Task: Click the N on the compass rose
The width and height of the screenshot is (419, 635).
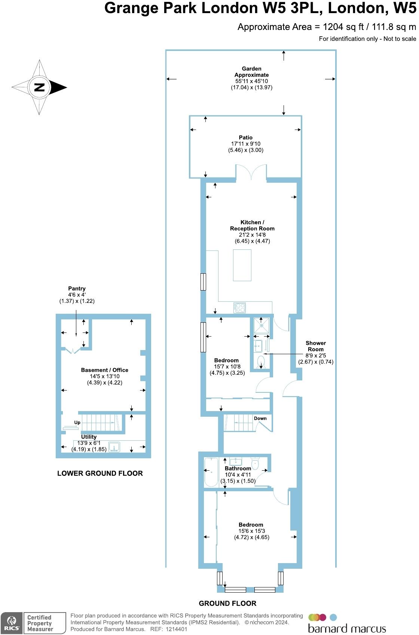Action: pyautogui.click(x=39, y=88)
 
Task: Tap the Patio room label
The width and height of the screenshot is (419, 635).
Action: pyautogui.click(x=246, y=137)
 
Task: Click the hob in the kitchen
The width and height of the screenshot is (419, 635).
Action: pyautogui.click(x=239, y=307)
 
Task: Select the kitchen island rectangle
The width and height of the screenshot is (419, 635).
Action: pyautogui.click(x=242, y=265)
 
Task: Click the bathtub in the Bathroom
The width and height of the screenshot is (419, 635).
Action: pyautogui.click(x=211, y=472)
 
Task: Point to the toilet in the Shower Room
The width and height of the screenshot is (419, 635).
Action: pyautogui.click(x=261, y=362)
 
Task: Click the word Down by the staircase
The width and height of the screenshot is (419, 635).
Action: pyautogui.click(x=260, y=418)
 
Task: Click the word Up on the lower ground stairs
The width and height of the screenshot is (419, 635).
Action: pyautogui.click(x=77, y=422)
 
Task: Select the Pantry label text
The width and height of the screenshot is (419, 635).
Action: pyautogui.click(x=77, y=288)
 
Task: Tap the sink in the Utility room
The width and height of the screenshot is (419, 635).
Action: pyautogui.click(x=114, y=447)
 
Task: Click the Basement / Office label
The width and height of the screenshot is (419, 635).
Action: pyautogui.click(x=104, y=370)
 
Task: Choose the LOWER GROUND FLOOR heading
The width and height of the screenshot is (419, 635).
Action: pyautogui.click(x=100, y=473)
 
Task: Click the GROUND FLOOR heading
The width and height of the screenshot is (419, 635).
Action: pyautogui.click(x=227, y=603)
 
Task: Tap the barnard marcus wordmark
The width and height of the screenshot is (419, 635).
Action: pyautogui.click(x=347, y=628)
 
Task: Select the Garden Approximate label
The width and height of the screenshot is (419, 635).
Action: pyautogui.click(x=251, y=72)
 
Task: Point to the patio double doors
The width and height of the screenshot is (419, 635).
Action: pyautogui.click(x=251, y=173)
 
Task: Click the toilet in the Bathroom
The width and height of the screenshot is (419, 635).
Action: pyautogui.click(x=256, y=464)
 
